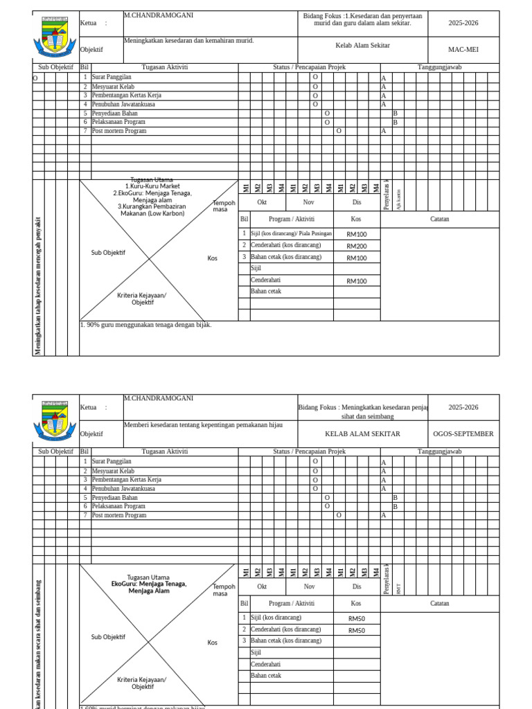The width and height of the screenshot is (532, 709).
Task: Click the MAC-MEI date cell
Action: tap(463, 50)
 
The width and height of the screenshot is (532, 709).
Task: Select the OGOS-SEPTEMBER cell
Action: tap(463, 434)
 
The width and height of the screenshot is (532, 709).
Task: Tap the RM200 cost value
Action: tap(357, 246)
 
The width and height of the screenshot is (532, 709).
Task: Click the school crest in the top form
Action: tap(55, 37)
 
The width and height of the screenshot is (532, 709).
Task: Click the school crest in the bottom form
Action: tap(55, 421)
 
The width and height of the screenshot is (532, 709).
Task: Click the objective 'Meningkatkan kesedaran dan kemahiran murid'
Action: tap(189, 41)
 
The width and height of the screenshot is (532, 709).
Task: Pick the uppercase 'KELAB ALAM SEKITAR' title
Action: tap(363, 434)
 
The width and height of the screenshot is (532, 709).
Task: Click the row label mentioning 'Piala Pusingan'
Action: tap(291, 234)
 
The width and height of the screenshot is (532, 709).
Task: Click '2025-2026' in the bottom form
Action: tap(463, 407)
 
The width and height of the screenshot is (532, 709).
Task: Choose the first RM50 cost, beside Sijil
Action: tap(357, 618)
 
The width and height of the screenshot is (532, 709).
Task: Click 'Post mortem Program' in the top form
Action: tap(119, 131)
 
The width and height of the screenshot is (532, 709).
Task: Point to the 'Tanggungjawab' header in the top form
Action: tap(439, 67)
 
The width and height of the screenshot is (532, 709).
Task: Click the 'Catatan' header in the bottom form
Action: tap(439, 603)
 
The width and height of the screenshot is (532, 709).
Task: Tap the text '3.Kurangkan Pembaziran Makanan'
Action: tap(152, 210)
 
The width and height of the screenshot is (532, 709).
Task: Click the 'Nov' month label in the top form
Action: tap(309, 203)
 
